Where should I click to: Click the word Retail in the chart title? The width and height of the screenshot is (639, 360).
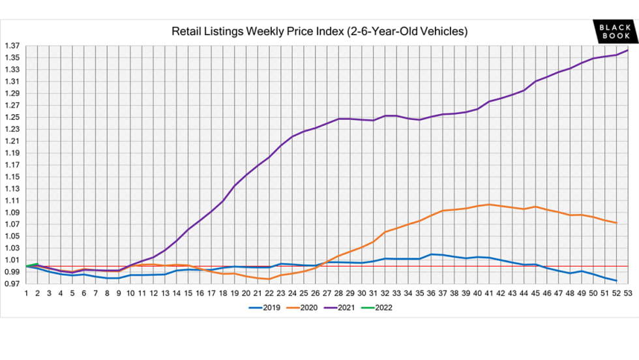185,31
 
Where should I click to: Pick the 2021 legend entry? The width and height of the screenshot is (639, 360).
344,308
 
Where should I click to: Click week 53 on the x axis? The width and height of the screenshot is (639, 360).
627,294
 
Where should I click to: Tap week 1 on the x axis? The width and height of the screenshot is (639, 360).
26,294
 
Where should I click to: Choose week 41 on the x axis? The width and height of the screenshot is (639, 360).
488,294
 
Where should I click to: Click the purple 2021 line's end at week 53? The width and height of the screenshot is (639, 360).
627,50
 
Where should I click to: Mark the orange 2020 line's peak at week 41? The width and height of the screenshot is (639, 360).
488,204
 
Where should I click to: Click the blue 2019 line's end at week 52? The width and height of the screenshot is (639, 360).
616,280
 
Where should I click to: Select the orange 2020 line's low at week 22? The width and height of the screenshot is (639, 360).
269,279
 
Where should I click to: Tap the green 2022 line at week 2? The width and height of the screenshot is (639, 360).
38,263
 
